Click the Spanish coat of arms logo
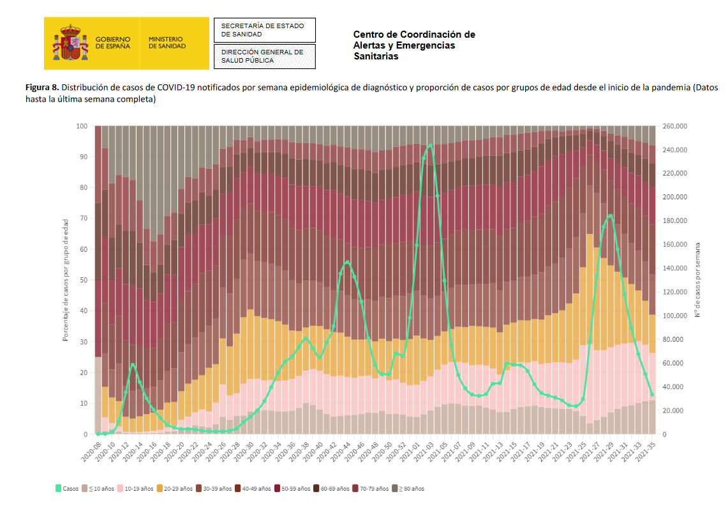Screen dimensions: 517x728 [70, 43]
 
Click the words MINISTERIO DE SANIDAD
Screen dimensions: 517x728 [167, 43]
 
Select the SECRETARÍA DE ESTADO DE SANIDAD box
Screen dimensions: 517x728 [264, 30]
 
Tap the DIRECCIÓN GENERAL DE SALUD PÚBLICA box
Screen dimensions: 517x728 [264, 56]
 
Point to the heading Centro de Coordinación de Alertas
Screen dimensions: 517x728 [414, 45]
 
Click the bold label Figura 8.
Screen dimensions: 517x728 [43, 87]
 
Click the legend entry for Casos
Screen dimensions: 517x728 [67, 488]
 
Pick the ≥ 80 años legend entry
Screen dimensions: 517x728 [408, 488]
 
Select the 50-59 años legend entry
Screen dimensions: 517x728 [291, 488]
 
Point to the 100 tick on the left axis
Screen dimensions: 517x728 [82, 127]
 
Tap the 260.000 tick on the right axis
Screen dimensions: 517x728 [675, 127]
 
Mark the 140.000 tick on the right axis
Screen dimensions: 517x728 [675, 268]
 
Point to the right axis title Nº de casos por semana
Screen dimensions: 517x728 [697, 280]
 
